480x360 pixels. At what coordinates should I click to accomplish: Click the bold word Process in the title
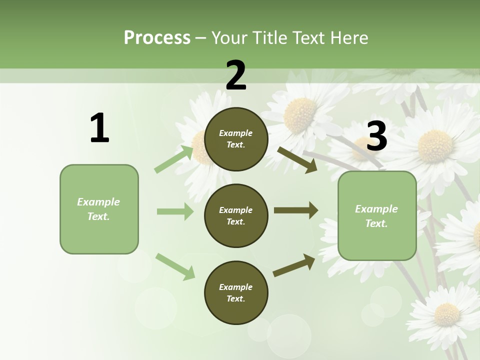click(157, 37)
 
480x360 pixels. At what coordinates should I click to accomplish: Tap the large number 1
click(99, 128)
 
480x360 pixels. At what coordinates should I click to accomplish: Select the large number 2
click(236, 75)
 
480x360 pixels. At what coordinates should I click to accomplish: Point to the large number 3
click(376, 136)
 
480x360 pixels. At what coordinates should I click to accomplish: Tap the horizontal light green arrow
click(175, 211)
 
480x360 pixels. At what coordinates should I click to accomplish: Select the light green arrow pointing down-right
click(175, 266)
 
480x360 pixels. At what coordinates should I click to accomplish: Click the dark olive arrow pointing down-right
click(297, 159)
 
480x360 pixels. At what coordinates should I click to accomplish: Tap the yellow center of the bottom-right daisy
click(446, 314)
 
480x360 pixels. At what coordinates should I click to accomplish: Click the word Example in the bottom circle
click(235, 287)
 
